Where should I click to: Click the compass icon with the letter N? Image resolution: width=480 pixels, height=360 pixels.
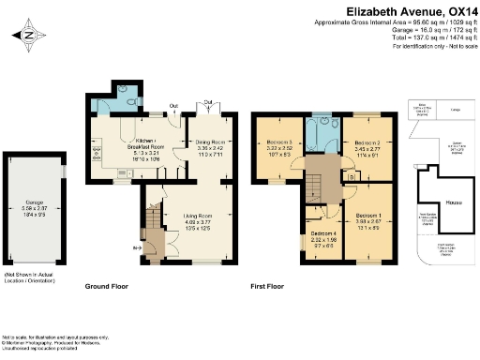click(28, 36)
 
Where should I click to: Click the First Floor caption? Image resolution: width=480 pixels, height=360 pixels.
click(268, 285)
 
